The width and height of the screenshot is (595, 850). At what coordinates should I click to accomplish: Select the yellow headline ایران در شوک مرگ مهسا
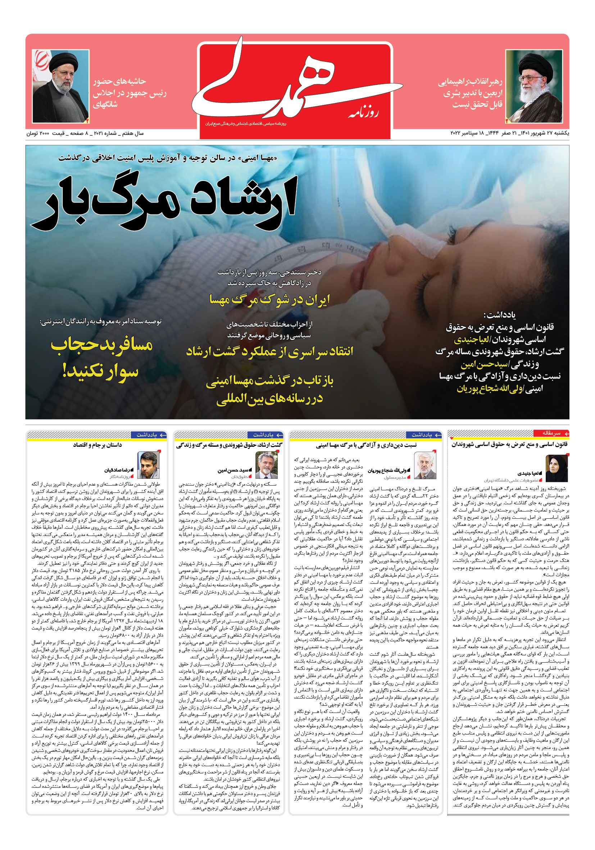pyautogui.click(x=269, y=300)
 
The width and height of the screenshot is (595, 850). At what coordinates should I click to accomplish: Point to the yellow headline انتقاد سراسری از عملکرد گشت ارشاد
pyautogui.click(x=269, y=351)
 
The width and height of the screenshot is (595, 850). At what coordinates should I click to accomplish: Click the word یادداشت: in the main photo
pyautogui.click(x=499, y=315)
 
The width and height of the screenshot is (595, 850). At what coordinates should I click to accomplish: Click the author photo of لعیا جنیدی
pyautogui.click(x=556, y=468)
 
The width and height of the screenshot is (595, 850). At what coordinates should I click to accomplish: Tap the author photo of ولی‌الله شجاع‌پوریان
pyautogui.click(x=425, y=465)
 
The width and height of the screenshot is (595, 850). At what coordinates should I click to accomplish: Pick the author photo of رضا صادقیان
pyautogui.click(x=148, y=465)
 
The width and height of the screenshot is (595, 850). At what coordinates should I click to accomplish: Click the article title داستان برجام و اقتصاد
pyautogui.click(x=97, y=445)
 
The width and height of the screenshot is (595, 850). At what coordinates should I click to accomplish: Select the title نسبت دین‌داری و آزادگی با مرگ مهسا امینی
pyautogui.click(x=366, y=445)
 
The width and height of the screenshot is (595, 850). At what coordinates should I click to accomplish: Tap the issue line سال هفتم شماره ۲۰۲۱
pyautogui.click(x=85, y=133)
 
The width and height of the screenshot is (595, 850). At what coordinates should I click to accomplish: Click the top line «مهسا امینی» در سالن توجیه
pyautogui.click(x=167, y=158)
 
